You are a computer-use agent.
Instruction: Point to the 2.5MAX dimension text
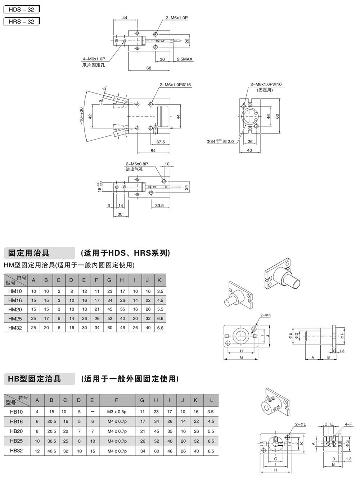(x=185, y=59)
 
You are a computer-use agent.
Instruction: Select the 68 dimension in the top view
(x=149, y=68)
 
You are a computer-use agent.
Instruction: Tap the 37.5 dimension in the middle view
(x=161, y=142)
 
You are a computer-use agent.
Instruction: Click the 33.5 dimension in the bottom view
(x=159, y=206)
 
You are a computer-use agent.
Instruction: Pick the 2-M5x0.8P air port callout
(x=137, y=164)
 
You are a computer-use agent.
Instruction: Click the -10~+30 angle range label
(x=81, y=115)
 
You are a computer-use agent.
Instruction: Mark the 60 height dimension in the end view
(x=277, y=116)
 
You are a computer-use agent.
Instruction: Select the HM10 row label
(x=15, y=291)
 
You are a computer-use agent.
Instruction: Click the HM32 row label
(x=15, y=327)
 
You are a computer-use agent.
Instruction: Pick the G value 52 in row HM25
(x=109, y=318)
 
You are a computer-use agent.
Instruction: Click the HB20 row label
(x=17, y=431)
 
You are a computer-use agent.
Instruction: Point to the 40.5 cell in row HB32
(x=51, y=451)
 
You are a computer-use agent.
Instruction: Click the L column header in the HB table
(x=211, y=400)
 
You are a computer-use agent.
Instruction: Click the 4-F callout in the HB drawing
(x=348, y=424)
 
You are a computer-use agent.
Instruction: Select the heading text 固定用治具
(x=29, y=253)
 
